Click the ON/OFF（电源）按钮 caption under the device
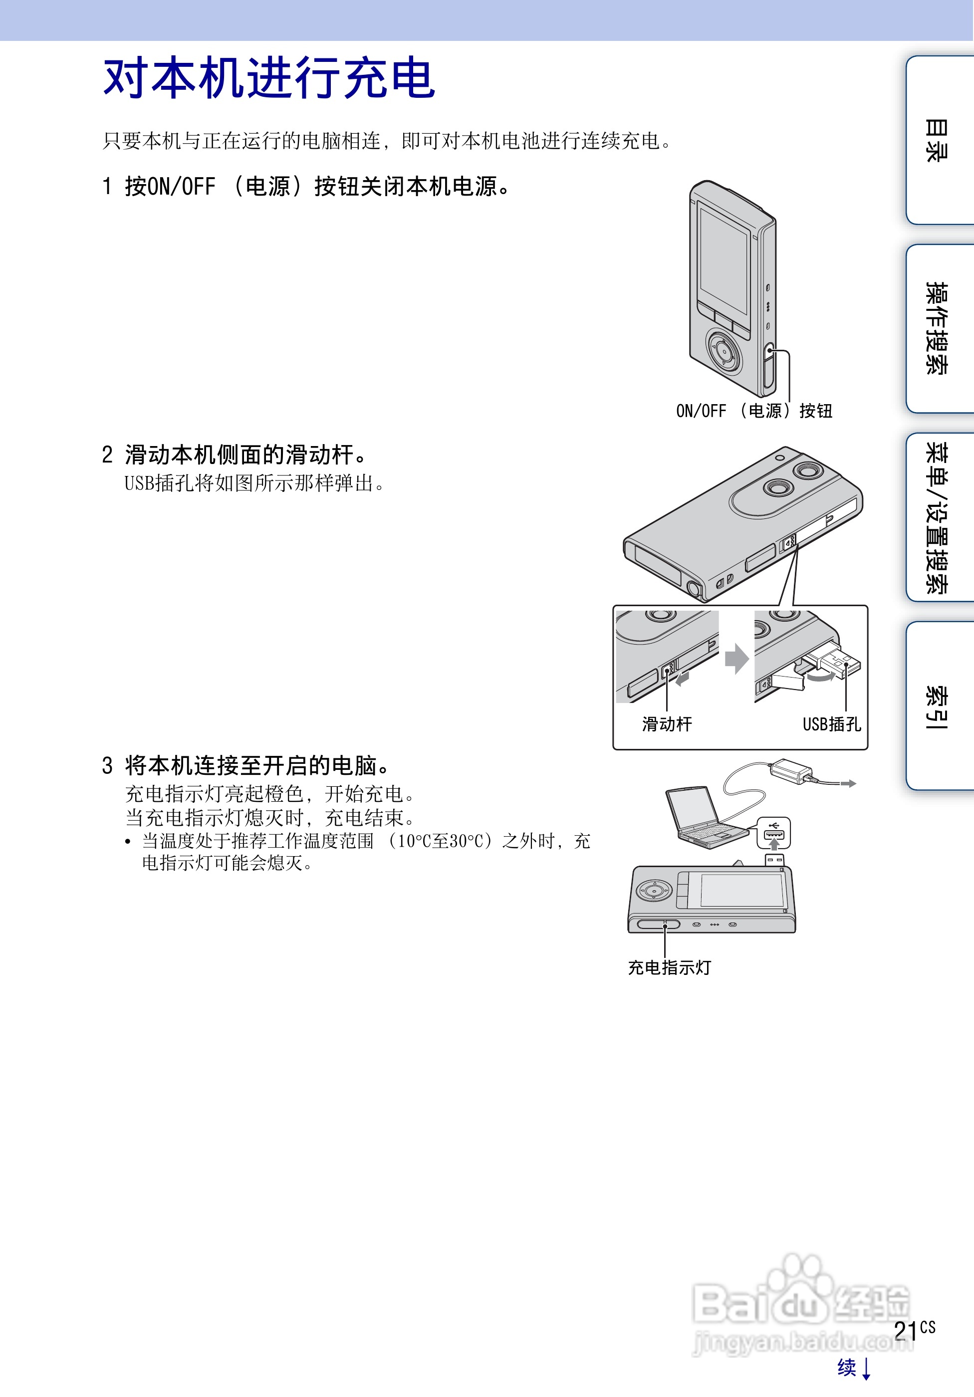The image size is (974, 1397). click(754, 411)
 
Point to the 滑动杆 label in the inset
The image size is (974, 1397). click(667, 724)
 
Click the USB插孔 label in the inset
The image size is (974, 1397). click(831, 724)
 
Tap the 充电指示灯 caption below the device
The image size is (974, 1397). click(669, 967)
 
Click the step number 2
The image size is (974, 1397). click(107, 455)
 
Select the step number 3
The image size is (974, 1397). click(107, 765)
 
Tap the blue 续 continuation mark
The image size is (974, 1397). click(847, 1367)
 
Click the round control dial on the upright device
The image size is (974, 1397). click(724, 350)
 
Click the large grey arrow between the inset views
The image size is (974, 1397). click(736, 659)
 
